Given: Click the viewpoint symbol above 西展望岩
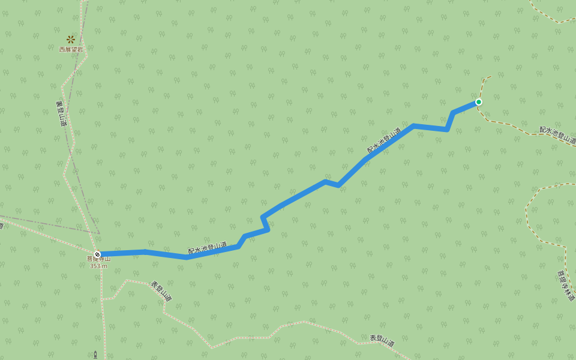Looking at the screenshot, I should point(71,39).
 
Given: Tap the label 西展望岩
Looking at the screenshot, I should point(71,49).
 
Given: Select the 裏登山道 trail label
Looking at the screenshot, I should point(61,113).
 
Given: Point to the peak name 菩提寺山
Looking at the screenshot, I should point(98,259).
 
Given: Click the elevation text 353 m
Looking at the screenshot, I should point(98,266).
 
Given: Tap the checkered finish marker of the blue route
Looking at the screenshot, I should point(97,254).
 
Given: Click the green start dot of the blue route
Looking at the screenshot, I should point(479,102).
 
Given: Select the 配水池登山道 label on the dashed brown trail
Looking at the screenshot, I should point(557,136).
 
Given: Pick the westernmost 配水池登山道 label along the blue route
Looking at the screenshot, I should point(208,247).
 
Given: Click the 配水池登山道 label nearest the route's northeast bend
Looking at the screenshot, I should point(384,140).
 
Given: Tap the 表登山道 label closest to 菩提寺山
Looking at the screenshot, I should point(161,291).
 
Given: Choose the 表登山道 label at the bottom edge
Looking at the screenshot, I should point(382,341).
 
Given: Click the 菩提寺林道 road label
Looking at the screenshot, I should point(566,285).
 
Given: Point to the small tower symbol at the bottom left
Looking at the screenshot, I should point(95,355).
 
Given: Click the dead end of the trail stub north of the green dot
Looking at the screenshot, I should point(491,76).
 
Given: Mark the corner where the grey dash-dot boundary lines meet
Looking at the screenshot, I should point(99,233).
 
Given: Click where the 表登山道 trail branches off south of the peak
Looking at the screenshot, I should point(102,299).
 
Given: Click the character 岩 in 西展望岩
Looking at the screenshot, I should point(80,49).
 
